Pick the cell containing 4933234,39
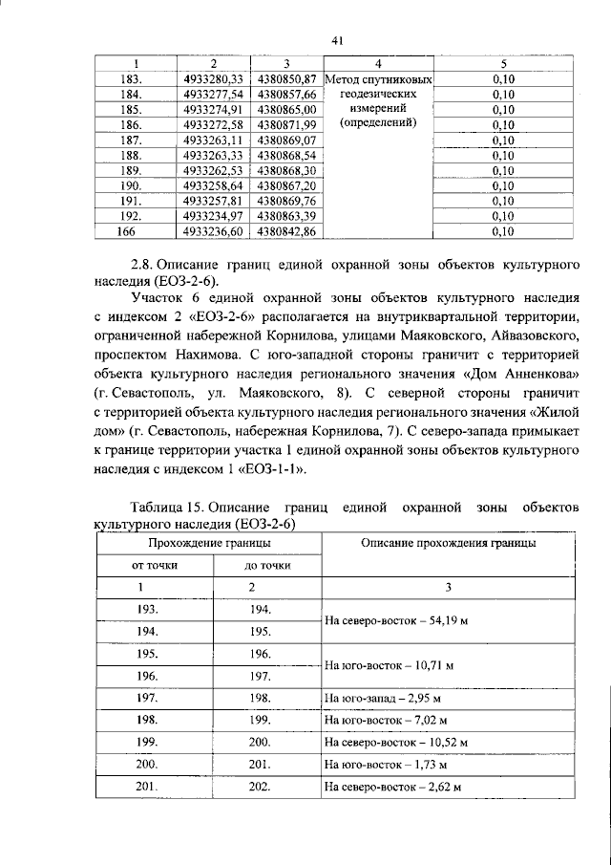[213, 216]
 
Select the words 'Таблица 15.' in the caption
[165, 506]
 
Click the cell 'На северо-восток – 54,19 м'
[390, 620]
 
